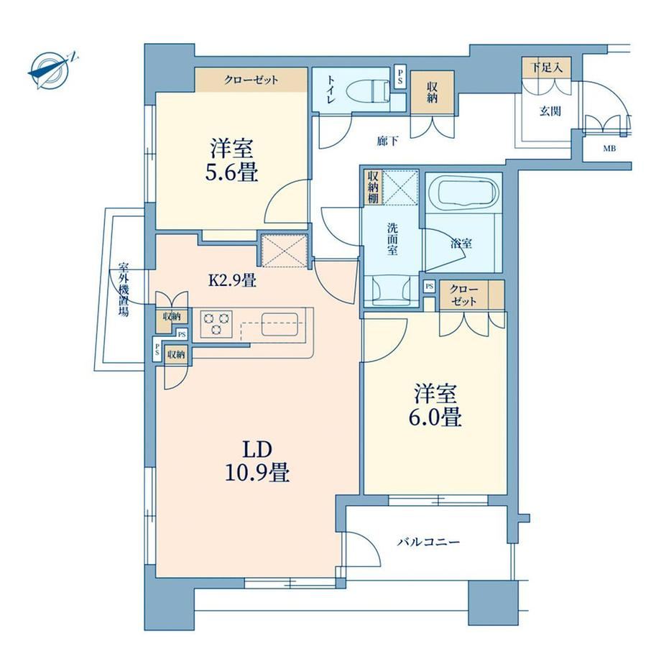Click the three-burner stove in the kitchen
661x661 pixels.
tap(217, 323)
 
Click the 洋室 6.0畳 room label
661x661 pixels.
tap(436, 404)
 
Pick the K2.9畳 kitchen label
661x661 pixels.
tap(233, 280)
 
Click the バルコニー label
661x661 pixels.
tap(428, 542)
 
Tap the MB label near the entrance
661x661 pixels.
tap(609, 149)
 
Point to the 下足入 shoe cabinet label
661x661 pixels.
tap(546, 67)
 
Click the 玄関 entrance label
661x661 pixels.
tap(550, 111)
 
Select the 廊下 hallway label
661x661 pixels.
tap(387, 141)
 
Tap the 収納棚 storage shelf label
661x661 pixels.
tap(373, 187)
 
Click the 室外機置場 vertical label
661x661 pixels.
tap(123, 290)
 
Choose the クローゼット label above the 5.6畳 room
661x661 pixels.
tap(251, 80)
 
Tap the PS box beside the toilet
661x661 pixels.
tap(400, 76)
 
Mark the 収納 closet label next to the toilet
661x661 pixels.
tap(433, 92)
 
